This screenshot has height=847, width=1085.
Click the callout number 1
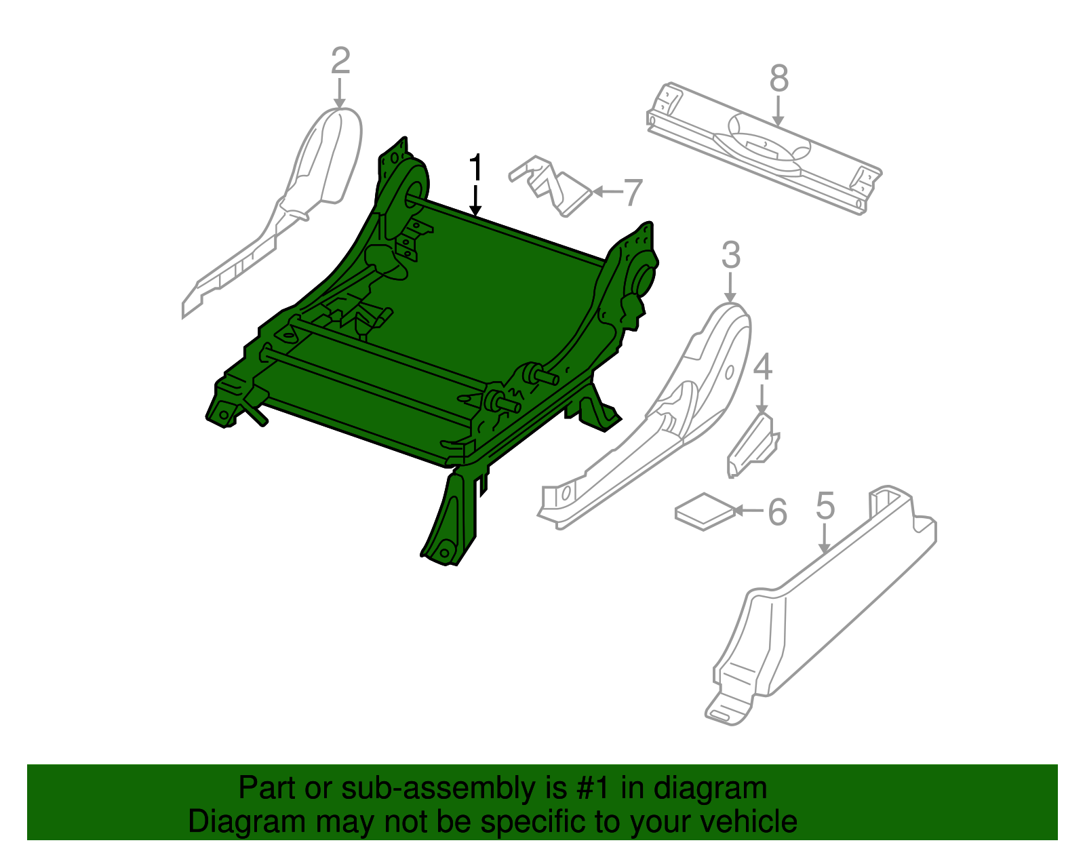coord(477,168)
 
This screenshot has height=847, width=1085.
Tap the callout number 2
coord(340,60)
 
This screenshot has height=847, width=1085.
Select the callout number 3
coord(730,256)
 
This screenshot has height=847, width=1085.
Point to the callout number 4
coord(763,368)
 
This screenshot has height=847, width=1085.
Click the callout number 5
coord(825,507)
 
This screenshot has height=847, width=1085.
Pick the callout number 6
coord(777,512)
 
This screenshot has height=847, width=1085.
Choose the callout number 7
coord(632,193)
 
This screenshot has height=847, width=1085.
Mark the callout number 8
coord(779,79)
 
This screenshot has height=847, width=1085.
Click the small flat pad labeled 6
coord(704,512)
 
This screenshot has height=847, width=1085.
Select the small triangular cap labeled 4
coord(753,444)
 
